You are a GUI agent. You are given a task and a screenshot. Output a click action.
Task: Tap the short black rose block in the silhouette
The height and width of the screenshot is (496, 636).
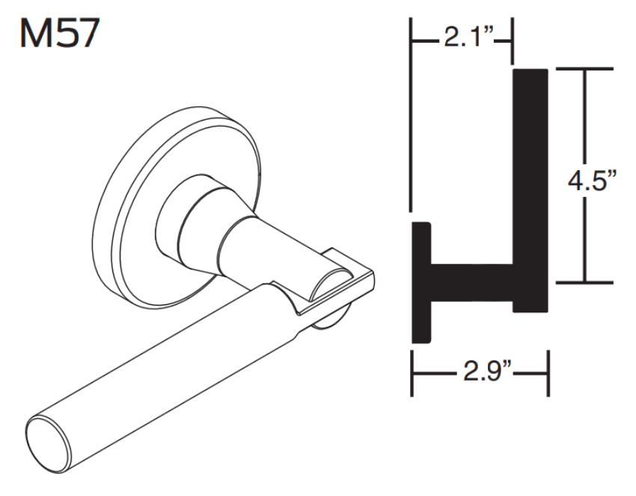[x=423, y=285]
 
